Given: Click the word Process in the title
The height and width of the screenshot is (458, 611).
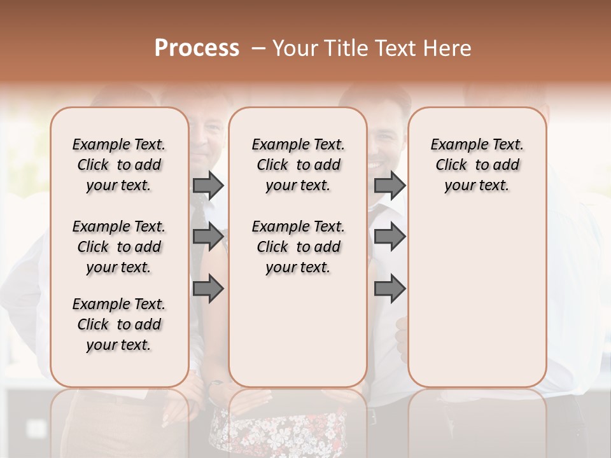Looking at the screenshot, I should [197, 48].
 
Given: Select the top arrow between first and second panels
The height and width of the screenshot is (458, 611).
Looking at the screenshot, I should [208, 185].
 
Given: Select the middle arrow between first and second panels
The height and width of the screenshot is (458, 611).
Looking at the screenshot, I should [208, 237].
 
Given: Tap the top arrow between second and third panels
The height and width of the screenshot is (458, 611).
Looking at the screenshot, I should [390, 185].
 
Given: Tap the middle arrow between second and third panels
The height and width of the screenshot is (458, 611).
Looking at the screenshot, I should [390, 237].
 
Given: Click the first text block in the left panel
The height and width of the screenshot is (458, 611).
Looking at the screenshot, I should [119, 165].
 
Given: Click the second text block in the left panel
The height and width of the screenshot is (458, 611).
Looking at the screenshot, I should [119, 247].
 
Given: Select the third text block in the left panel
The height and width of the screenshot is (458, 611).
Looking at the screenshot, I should [119, 324].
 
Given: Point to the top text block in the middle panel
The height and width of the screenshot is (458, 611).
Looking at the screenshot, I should [298, 165].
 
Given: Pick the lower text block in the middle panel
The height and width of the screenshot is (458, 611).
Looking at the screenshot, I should [298, 247].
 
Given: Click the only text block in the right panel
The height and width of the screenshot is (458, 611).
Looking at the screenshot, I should [477, 165].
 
